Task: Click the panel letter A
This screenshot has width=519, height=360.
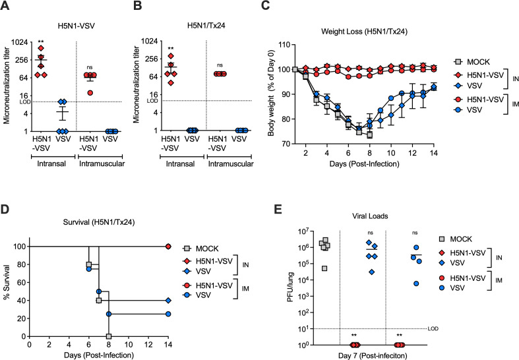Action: [5, 7]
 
